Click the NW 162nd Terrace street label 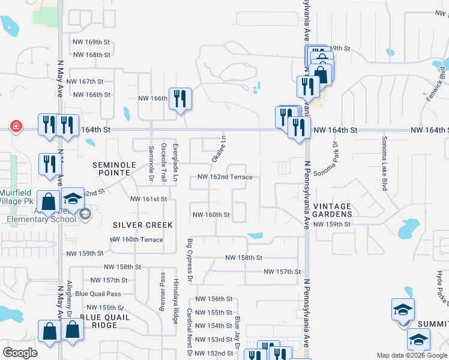[225, 177]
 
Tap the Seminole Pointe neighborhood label [111, 168]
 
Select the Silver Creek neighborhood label [143, 225]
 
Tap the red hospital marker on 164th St [16, 127]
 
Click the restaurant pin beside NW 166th [180, 98]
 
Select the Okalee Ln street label [218, 148]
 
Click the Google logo [20, 353]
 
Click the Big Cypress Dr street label [190, 260]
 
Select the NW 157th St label [282, 272]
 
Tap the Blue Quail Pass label [98, 293]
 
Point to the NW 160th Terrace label [136, 239]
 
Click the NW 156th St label [214, 299]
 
